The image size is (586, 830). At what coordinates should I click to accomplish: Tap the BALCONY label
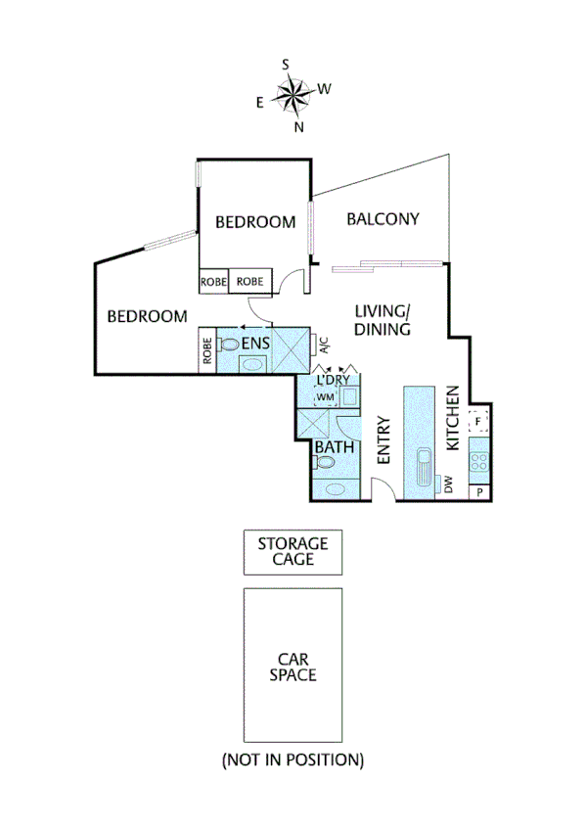383,219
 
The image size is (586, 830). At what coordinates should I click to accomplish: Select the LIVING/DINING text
382,321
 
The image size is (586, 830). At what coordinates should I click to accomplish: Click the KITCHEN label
453,418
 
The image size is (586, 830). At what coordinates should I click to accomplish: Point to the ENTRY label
383,441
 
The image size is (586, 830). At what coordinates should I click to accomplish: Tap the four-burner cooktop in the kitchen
479,456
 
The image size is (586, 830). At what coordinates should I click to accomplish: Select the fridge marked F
478,422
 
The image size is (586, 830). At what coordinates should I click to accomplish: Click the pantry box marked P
479,492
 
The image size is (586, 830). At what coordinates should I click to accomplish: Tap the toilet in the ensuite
229,345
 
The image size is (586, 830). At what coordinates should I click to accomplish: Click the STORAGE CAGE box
293,552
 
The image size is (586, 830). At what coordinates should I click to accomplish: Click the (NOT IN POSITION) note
293,760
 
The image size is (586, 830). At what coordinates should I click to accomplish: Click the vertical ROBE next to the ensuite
206,350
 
